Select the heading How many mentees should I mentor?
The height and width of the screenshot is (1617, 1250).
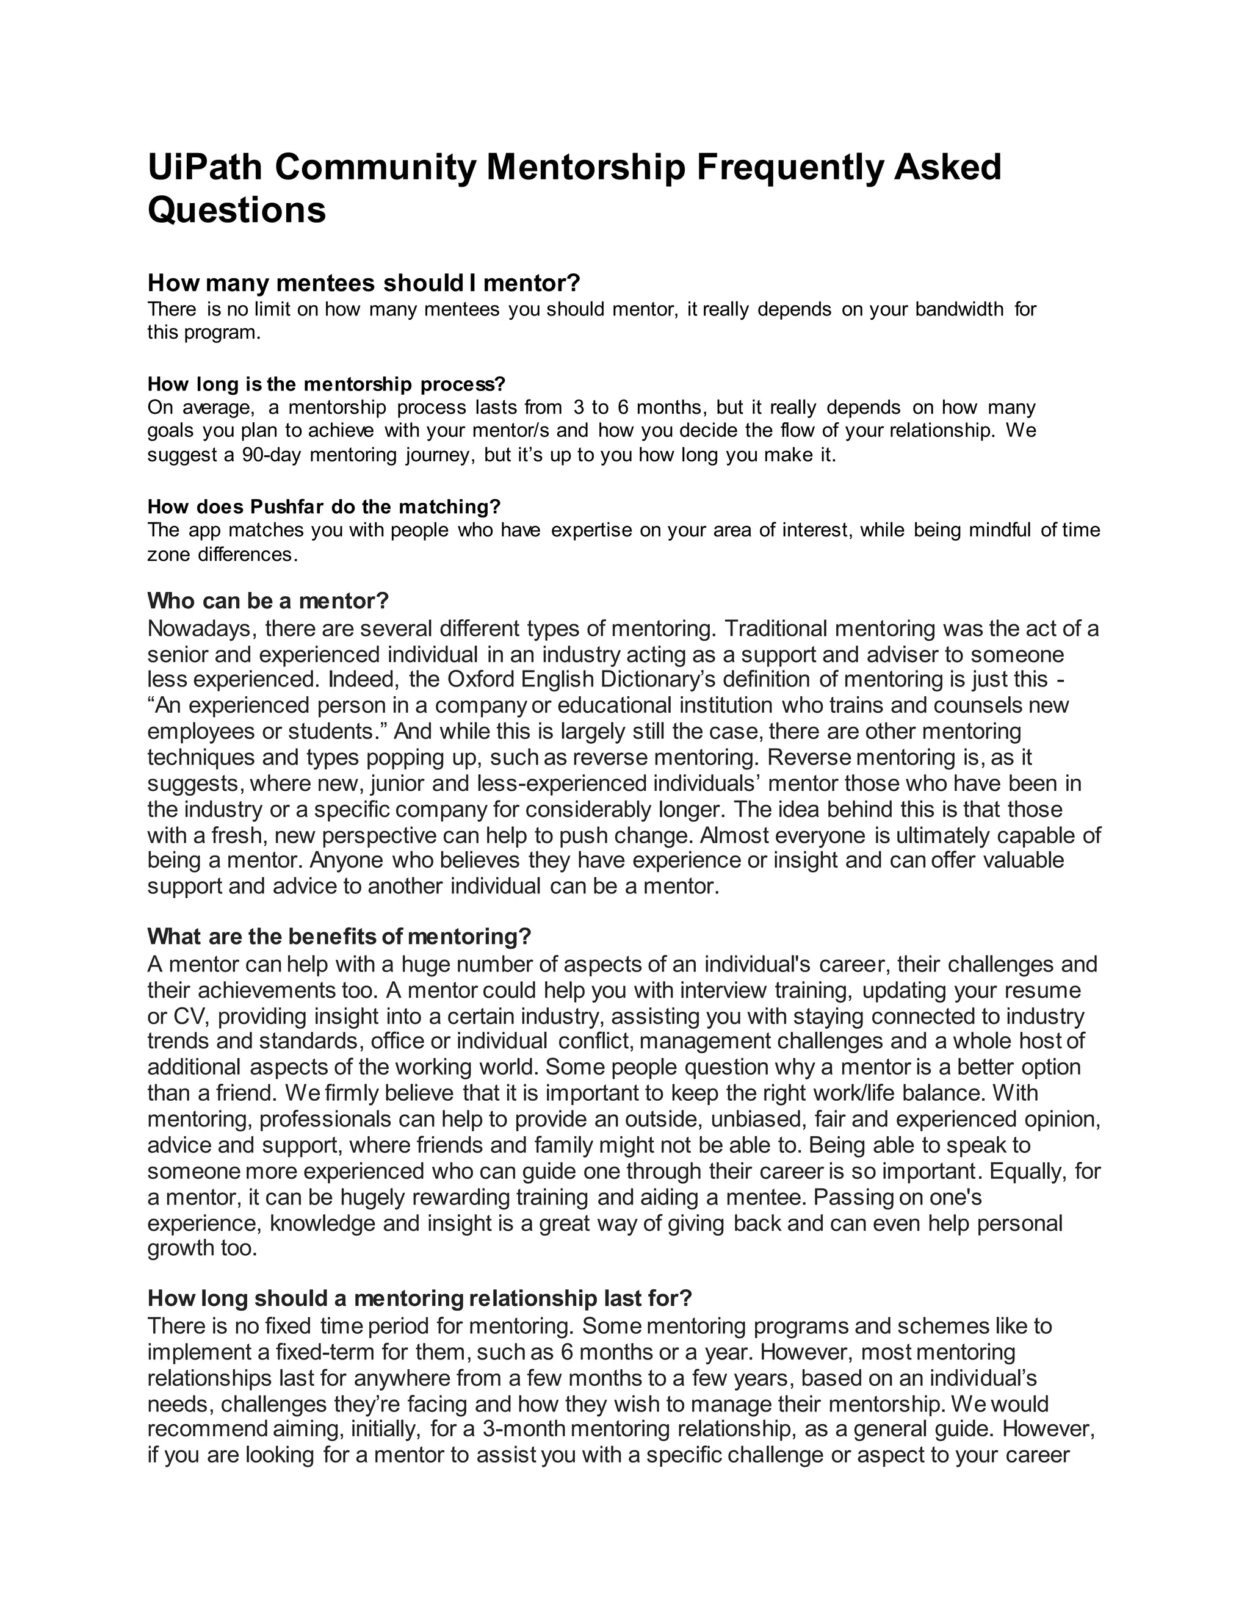coord(364,283)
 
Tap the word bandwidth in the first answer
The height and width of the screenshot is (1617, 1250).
coord(959,309)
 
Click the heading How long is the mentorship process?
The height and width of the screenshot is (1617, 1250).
coord(326,384)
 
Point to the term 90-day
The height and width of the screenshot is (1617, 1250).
coord(271,455)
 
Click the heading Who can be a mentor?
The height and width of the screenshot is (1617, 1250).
coord(267,600)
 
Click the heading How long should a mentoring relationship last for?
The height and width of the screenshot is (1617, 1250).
coord(419,1298)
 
